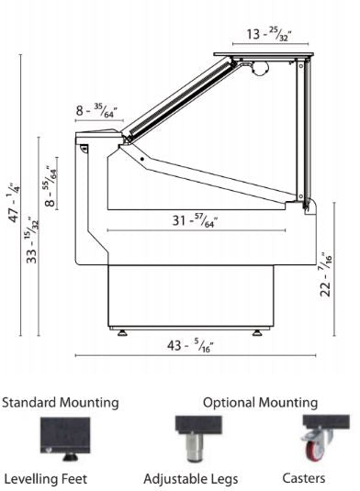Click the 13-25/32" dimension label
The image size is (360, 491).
(269, 34)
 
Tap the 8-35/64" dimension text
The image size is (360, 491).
(96, 110)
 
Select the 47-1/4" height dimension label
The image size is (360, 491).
(14, 203)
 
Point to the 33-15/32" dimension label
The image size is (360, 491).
(32, 240)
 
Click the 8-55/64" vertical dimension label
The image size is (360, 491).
(51, 186)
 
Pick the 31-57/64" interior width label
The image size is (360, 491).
(195, 220)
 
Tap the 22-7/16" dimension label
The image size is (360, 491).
(326, 274)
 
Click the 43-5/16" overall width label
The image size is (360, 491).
(190, 346)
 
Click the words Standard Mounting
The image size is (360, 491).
(61, 402)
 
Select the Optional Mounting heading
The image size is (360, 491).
(260, 402)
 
